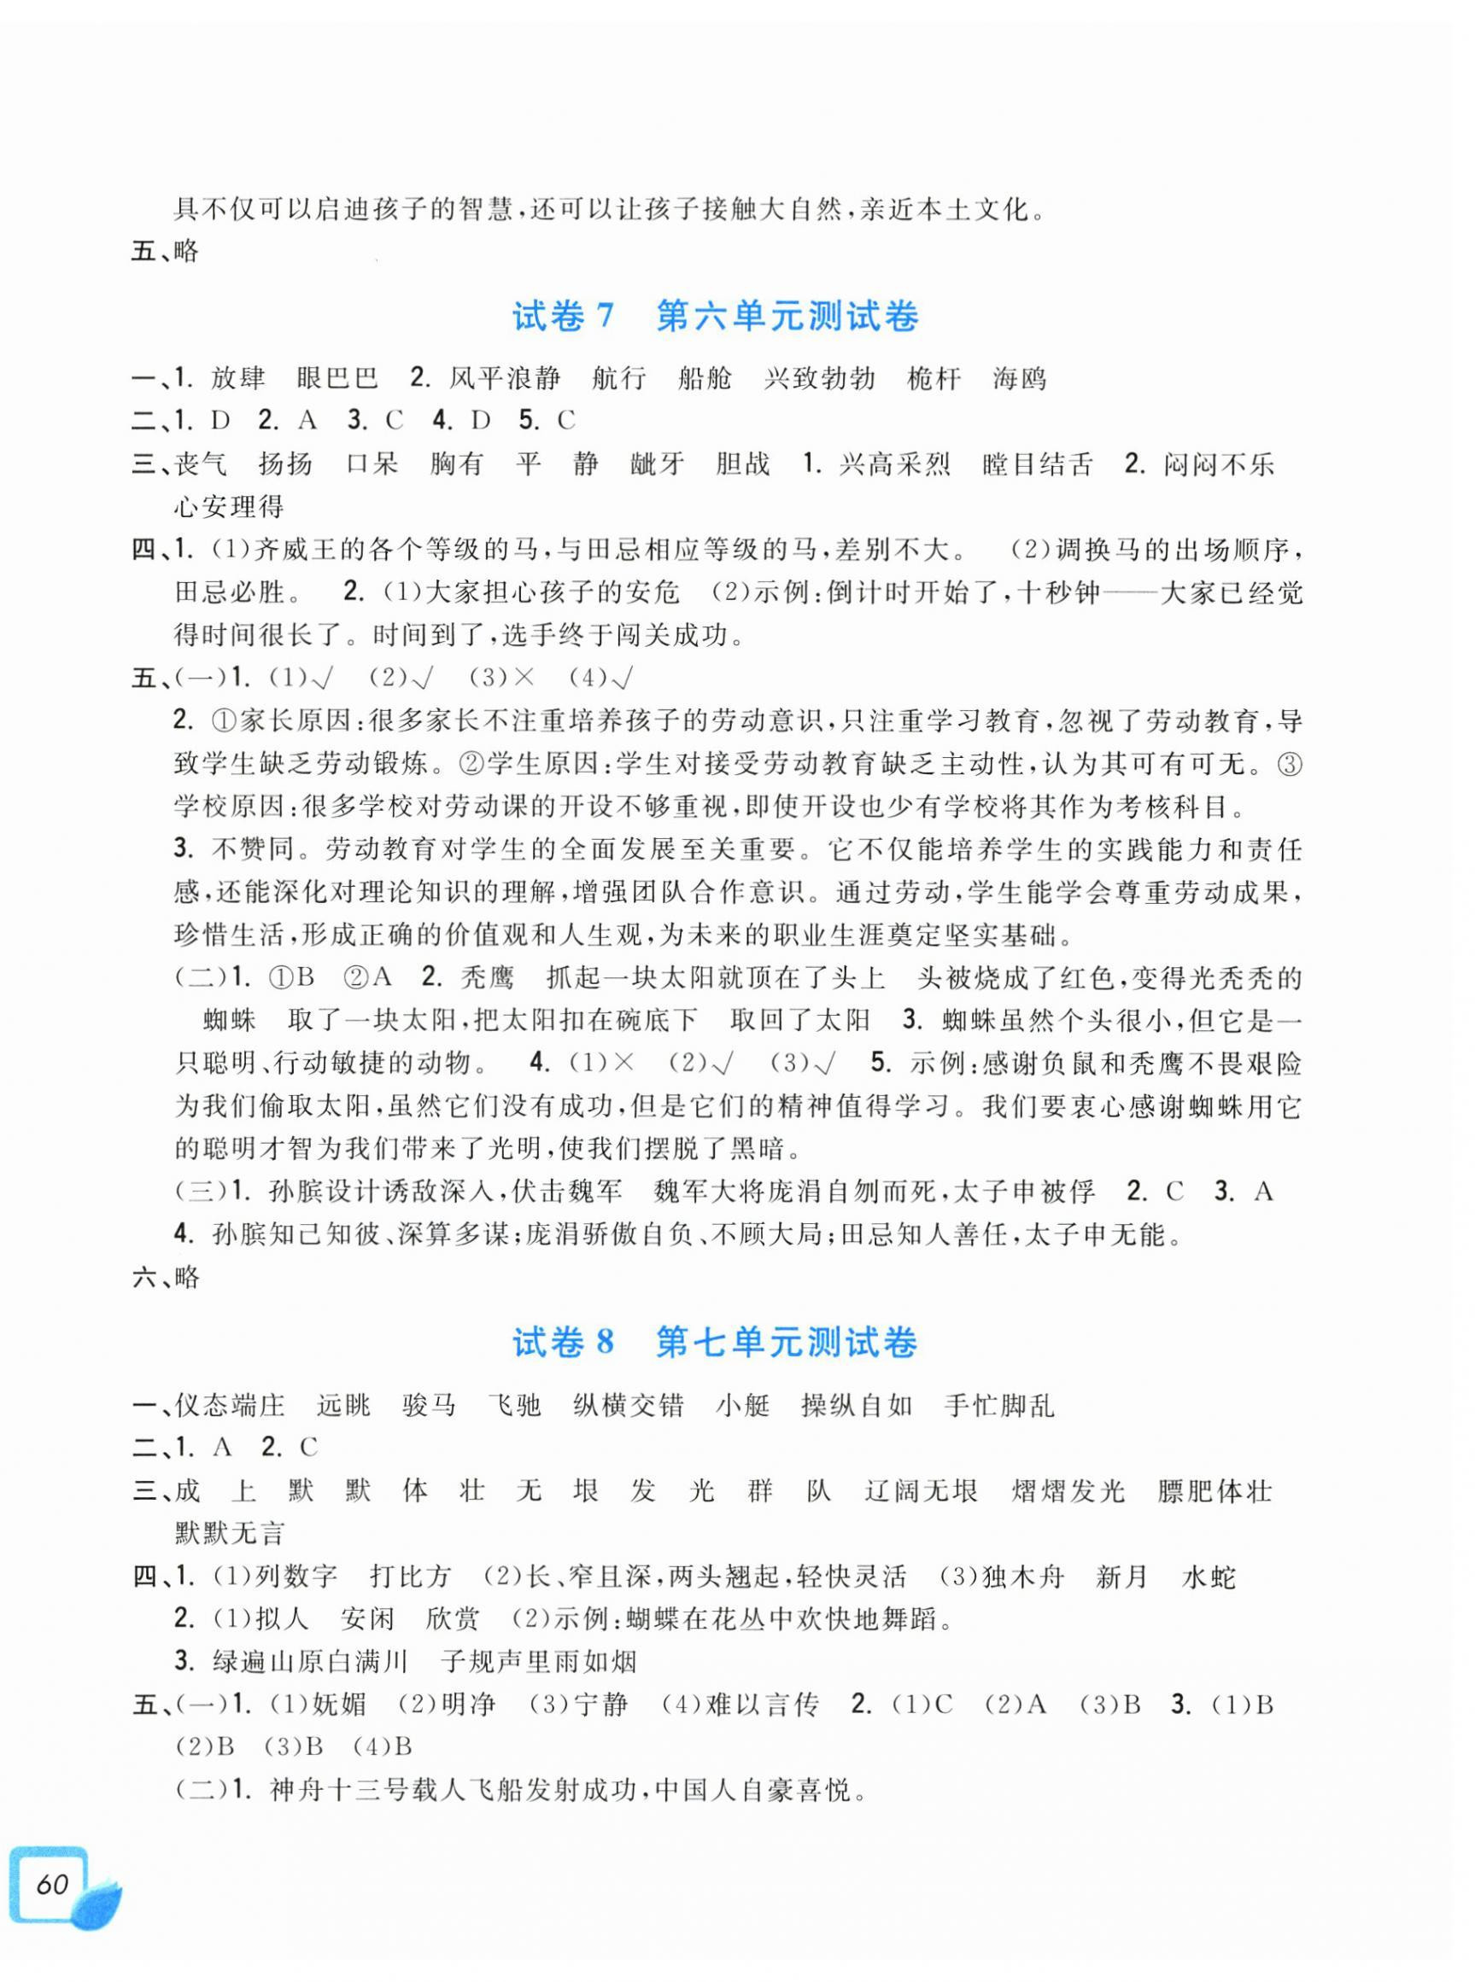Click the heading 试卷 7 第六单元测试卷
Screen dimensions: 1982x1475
point(715,317)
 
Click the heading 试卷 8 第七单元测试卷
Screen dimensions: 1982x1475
point(715,1344)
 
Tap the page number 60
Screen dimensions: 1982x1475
point(52,1885)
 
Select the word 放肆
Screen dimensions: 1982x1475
point(238,379)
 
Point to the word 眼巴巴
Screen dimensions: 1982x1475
point(337,379)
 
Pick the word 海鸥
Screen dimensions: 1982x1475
point(1019,379)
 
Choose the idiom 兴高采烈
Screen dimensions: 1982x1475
point(894,465)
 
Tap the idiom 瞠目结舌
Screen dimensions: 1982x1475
point(1038,465)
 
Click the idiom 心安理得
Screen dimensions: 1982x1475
point(230,508)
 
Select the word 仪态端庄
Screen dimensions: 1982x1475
point(230,1407)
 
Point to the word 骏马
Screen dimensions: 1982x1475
point(429,1407)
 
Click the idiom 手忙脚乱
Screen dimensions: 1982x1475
point(999,1407)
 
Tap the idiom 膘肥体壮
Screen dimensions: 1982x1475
point(1215,1491)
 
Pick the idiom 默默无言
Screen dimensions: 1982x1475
point(230,1534)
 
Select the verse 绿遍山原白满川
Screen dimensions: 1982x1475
point(311,1662)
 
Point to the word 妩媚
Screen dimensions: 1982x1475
point(339,1705)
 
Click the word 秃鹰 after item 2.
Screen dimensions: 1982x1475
point(488,979)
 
